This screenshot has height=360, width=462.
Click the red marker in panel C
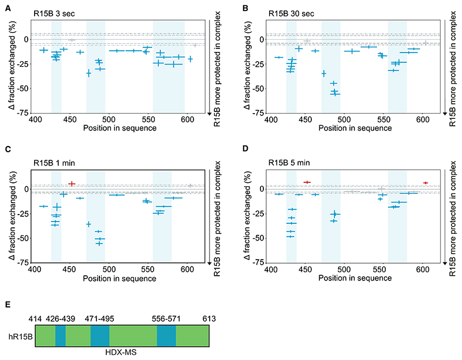[x=72, y=184]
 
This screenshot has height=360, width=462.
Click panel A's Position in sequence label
[x=120, y=127]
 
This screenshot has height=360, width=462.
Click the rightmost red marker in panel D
[x=426, y=183]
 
